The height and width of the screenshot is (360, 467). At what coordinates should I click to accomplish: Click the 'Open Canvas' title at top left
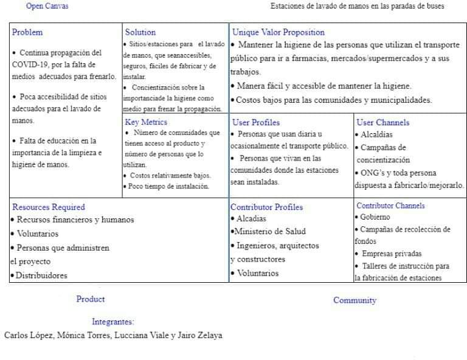click(47, 6)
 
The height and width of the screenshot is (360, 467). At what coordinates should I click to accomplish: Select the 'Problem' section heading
click(27, 32)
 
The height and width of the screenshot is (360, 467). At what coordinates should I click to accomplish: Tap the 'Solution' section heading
click(140, 32)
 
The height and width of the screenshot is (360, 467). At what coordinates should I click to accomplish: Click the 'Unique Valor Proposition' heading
click(278, 32)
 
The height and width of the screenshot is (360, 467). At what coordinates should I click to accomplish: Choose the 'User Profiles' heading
click(256, 122)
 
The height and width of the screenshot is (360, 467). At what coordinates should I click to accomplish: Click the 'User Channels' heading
click(382, 122)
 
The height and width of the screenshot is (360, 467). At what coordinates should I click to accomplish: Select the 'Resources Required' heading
click(49, 207)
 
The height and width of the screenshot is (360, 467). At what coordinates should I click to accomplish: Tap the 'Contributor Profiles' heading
click(266, 207)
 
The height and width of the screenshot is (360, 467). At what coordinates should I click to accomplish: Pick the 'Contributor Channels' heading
click(390, 206)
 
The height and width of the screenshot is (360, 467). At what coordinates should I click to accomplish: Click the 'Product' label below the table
click(91, 299)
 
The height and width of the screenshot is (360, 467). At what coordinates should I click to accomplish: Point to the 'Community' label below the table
click(355, 300)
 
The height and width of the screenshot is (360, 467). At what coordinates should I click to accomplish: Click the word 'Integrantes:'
click(113, 322)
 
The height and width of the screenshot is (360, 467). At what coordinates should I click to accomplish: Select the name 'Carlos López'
click(28, 335)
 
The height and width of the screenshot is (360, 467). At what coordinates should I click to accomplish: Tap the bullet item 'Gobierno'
click(375, 216)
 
